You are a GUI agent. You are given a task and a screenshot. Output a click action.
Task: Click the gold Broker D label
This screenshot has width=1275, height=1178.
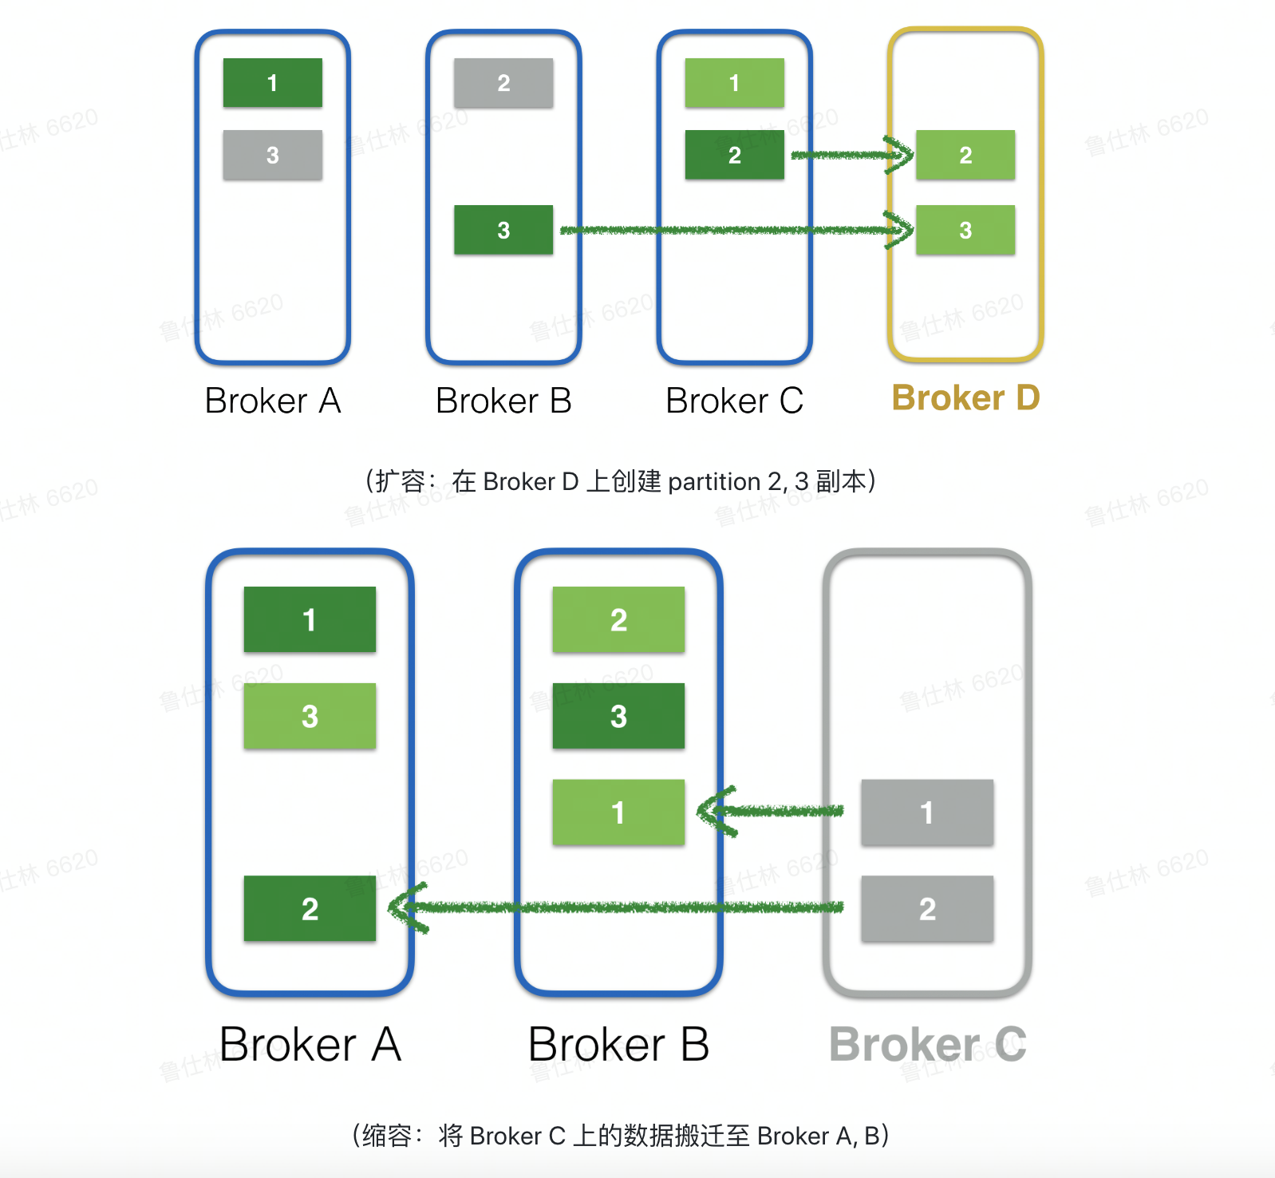(965, 397)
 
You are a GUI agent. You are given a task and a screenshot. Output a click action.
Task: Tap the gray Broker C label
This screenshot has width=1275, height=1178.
(927, 1044)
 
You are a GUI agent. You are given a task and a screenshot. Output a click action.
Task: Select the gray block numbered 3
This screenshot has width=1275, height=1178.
(273, 155)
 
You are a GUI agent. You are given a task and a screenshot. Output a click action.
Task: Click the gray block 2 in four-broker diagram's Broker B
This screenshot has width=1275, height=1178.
(503, 83)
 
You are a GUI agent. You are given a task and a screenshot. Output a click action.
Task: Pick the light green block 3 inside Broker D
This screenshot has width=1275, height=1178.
(965, 231)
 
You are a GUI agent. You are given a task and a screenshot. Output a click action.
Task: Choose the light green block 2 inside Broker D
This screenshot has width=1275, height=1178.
(965, 155)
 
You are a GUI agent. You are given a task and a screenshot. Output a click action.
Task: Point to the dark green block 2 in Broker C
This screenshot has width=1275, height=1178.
(734, 155)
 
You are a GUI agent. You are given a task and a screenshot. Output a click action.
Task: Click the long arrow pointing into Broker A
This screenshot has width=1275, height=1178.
(622, 907)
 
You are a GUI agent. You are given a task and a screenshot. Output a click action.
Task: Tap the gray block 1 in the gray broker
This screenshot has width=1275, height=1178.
(927, 812)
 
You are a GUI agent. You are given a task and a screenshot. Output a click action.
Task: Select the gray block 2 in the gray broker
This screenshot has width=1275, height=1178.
(927, 909)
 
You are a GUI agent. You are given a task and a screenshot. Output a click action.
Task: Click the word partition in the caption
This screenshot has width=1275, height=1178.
(714, 482)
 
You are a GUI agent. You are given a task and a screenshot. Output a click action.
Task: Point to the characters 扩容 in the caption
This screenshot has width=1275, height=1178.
(401, 482)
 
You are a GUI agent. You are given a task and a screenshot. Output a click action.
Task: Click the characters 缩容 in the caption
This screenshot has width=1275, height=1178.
(387, 1136)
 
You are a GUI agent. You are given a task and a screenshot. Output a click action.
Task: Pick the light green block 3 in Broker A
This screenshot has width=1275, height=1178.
(310, 716)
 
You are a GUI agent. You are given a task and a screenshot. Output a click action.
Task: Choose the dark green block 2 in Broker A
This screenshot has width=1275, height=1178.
(310, 909)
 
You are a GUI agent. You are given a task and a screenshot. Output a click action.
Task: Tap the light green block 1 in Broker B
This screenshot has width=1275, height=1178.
(618, 812)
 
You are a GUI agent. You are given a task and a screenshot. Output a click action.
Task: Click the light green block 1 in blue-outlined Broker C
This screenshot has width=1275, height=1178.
(734, 83)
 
